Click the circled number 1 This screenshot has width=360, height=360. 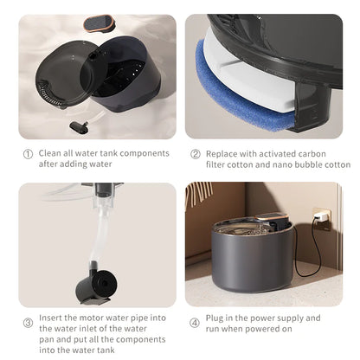[26, 153]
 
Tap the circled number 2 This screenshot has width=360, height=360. [196, 153]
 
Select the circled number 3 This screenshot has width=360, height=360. [26, 323]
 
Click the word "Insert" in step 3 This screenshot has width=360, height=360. [51, 318]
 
